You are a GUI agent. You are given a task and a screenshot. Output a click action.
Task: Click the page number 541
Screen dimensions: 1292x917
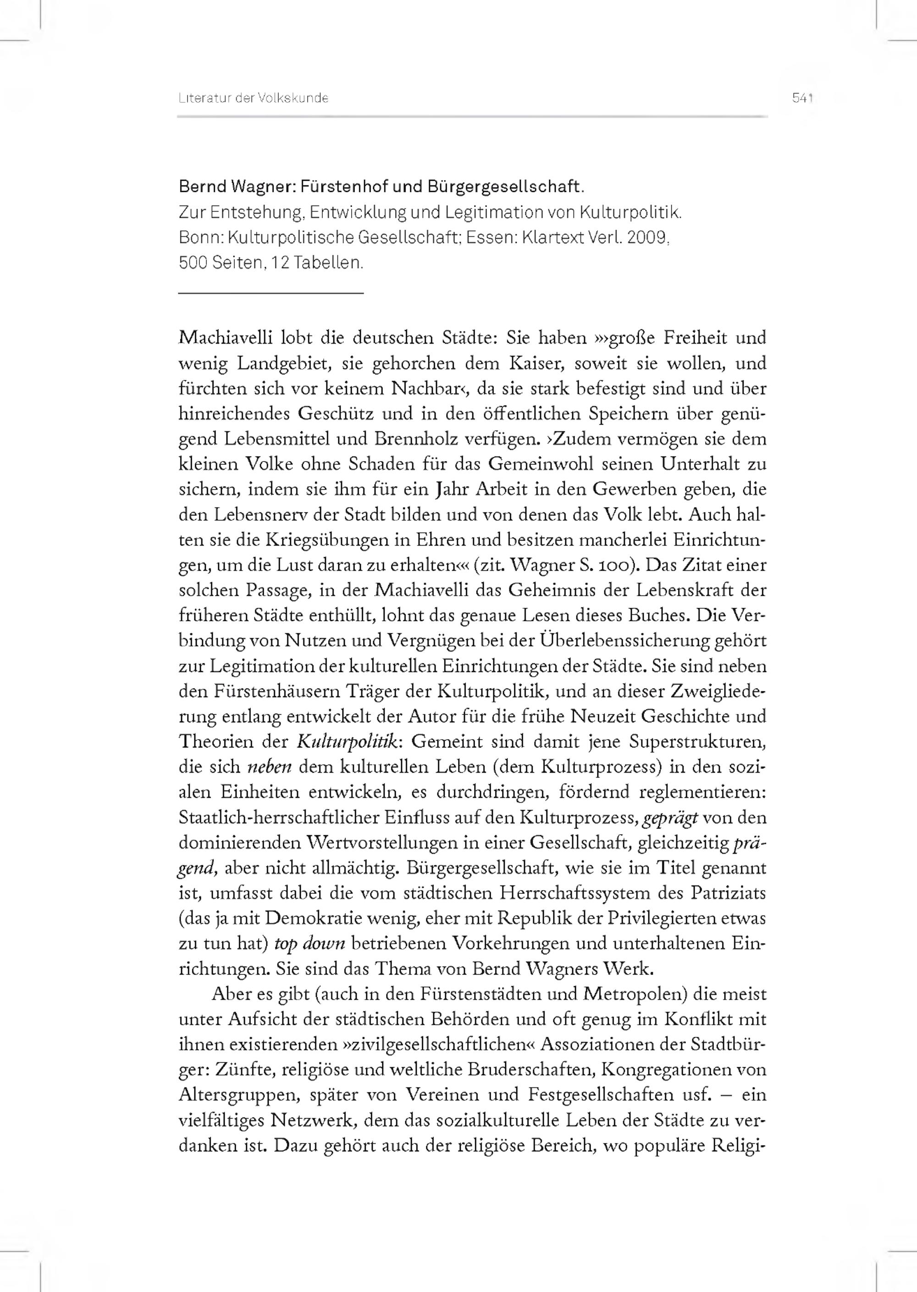[x=802, y=98]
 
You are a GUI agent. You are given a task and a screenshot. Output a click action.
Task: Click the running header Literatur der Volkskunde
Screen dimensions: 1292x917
[x=254, y=98]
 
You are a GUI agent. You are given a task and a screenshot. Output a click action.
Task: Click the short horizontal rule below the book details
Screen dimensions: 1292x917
[x=271, y=293]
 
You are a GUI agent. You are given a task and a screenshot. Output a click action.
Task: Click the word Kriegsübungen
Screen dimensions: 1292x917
[x=312, y=540]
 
